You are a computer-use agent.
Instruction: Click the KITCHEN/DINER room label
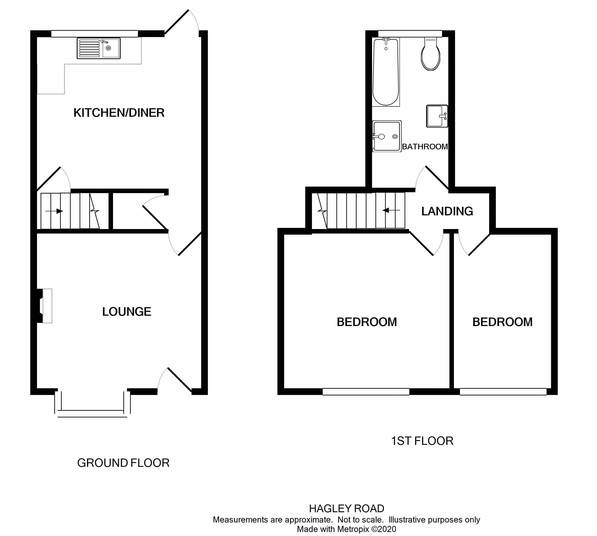(x=119, y=113)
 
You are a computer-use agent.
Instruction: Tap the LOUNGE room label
(x=127, y=312)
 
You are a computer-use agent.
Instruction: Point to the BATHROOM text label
(x=425, y=146)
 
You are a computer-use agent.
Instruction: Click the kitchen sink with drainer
(x=98, y=48)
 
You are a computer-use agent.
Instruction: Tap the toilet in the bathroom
(x=431, y=54)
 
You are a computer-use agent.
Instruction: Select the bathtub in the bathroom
(x=386, y=72)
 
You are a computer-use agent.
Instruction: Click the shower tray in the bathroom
(x=387, y=136)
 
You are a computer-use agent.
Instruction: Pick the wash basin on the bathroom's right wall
(x=437, y=116)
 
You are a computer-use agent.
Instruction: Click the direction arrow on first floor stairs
(x=391, y=210)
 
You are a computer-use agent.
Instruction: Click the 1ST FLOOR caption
(x=422, y=441)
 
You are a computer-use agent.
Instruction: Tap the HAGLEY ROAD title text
(x=346, y=508)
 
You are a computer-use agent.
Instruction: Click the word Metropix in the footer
(x=353, y=529)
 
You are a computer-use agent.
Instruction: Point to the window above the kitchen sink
(x=95, y=34)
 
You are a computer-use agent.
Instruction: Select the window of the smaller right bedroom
(x=503, y=392)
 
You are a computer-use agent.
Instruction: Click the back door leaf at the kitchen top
(x=176, y=22)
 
